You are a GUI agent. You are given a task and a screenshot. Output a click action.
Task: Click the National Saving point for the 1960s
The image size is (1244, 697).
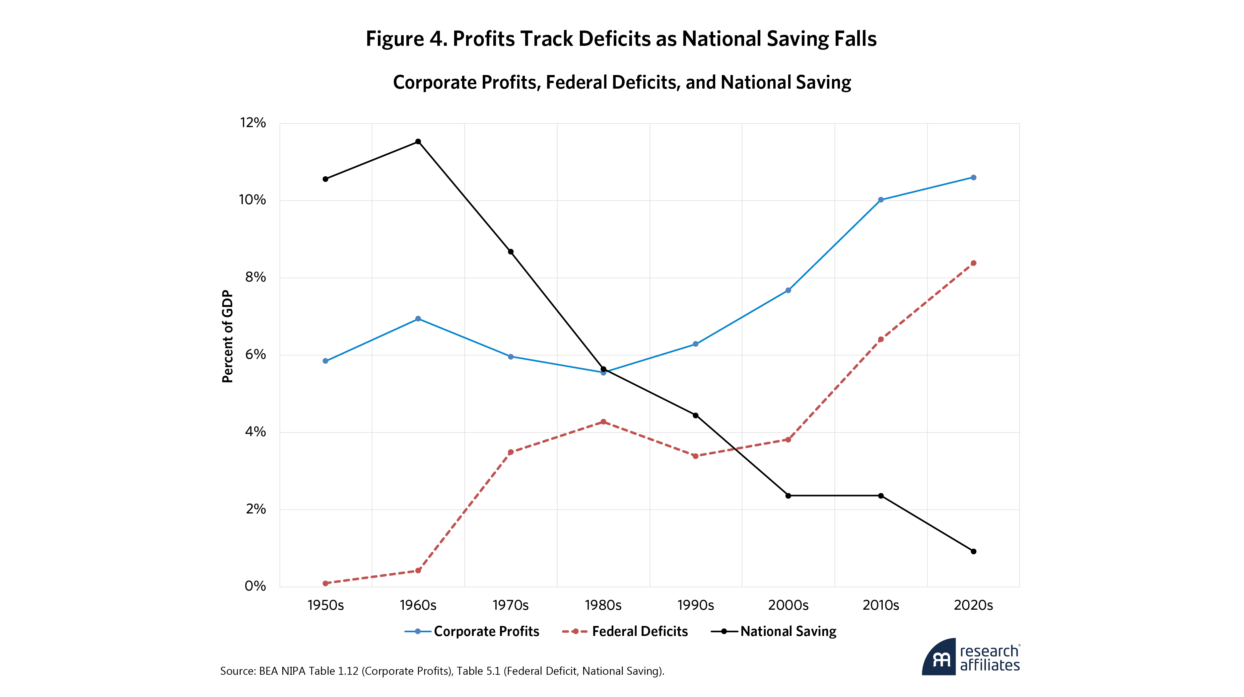coord(418,141)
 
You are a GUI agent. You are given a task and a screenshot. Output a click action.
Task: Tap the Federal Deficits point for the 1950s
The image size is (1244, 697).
coord(325,583)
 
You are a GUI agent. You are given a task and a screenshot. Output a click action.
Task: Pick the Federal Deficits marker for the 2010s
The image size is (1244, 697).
coord(881,340)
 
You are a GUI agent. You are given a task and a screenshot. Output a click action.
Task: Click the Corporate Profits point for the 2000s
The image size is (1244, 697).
coord(788,290)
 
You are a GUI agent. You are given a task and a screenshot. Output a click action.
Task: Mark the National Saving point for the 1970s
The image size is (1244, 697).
coord(511,252)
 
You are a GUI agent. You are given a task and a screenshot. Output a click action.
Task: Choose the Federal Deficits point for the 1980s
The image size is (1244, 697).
coord(603,422)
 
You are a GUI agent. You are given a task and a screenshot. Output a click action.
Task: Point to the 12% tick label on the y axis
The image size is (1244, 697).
coord(253,123)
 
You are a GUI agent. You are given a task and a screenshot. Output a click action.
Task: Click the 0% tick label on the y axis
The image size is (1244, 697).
coord(255,586)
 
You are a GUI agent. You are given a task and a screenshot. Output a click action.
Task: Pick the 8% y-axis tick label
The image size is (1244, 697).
coord(255,277)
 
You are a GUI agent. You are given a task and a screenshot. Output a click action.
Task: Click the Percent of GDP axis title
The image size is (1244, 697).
coord(228,336)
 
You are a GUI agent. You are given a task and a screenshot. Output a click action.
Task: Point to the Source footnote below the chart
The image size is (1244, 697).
coord(442,671)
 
